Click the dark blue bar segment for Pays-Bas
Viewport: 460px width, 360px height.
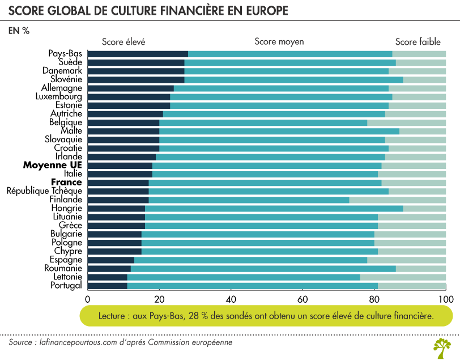point(138,54)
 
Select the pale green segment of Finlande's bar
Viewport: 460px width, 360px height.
point(398,200)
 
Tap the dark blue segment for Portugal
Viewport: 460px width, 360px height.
point(107,285)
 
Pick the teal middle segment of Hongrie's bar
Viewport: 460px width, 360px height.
point(274,208)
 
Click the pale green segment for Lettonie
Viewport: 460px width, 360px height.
point(403,277)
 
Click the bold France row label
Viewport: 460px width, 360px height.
point(66,183)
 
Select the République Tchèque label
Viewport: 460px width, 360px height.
point(44,191)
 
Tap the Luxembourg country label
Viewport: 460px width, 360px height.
point(58,96)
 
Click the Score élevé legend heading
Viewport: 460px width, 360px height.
point(124,41)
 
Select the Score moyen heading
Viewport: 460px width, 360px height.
point(279,41)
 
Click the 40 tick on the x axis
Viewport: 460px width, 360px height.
point(231,298)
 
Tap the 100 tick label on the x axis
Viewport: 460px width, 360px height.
point(446,298)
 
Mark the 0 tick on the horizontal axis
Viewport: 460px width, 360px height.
point(88,298)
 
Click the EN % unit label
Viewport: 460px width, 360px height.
point(19,31)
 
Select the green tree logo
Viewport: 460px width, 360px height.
point(441,347)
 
